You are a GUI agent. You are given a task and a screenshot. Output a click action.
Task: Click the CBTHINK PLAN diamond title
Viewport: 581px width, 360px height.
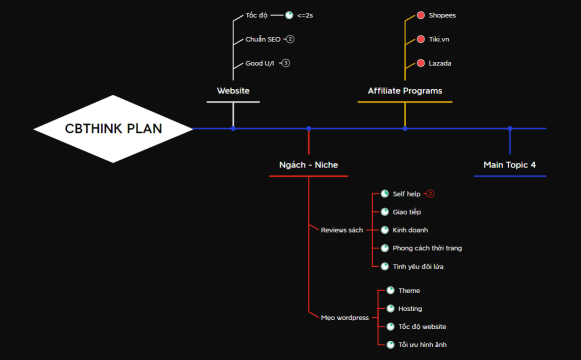tap(112, 128)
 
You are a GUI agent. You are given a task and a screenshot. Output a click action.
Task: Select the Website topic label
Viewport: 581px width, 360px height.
tap(233, 91)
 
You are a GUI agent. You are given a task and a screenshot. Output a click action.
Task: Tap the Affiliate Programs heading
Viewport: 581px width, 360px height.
tap(405, 91)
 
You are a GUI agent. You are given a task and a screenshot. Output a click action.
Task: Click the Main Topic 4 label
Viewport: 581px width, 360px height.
tap(509, 164)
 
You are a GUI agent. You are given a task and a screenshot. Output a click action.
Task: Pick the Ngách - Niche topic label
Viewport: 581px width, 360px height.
tap(308, 164)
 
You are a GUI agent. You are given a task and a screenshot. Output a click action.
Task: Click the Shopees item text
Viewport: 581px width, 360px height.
tap(441, 17)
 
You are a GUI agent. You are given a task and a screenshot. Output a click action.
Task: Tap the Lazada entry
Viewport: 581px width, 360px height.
tap(439, 63)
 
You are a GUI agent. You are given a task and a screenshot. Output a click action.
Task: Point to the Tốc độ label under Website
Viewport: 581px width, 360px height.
tap(257, 16)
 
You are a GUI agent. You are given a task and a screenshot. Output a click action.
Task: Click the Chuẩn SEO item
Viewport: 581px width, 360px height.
tap(262, 40)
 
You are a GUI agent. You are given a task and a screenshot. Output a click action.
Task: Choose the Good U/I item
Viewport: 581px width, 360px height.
tap(260, 63)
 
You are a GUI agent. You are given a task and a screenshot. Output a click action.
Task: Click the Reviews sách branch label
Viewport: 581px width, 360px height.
tap(341, 230)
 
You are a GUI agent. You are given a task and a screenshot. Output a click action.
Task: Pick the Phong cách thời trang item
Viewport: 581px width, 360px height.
tap(427, 248)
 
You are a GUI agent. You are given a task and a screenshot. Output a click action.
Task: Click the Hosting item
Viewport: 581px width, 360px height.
tap(410, 309)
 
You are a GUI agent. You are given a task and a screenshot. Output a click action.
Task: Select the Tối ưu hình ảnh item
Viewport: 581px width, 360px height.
tap(422, 345)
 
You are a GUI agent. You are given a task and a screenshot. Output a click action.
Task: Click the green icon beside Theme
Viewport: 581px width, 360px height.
tap(391, 291)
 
